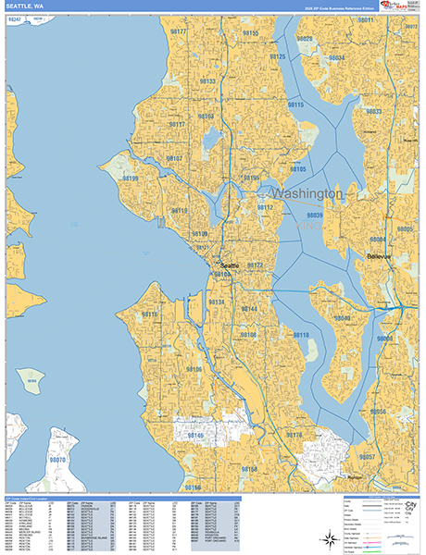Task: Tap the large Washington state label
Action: (x=306, y=194)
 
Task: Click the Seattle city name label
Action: (x=229, y=265)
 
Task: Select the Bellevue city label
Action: (x=380, y=255)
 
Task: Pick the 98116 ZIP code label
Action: (x=150, y=314)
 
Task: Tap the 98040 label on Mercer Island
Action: (x=342, y=318)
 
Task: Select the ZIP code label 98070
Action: (x=57, y=460)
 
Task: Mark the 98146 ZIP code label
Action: (x=195, y=434)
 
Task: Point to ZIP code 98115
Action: (x=295, y=105)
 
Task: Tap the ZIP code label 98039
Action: (x=314, y=215)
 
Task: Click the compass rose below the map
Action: (x=330, y=538)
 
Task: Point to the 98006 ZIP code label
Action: (x=384, y=339)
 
